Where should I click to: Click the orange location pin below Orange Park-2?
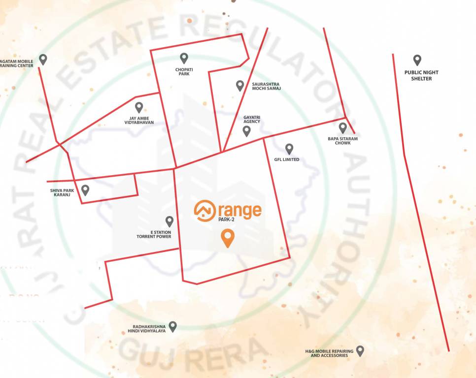(x=227, y=238)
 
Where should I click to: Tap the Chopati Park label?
(x=184, y=72)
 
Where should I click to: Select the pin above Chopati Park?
(x=184, y=58)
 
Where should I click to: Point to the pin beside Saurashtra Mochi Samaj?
(x=240, y=86)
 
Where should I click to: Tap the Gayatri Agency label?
(x=251, y=120)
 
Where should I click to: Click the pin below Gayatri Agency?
(x=246, y=131)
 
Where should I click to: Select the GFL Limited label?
(x=287, y=159)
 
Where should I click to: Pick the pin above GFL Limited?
(x=289, y=148)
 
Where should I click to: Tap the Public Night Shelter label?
(x=421, y=75)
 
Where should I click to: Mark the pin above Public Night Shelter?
(x=417, y=60)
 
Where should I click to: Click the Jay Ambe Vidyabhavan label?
(x=138, y=120)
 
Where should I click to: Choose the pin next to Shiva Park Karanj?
(x=85, y=190)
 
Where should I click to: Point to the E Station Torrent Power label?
(x=154, y=234)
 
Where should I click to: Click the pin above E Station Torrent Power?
(x=170, y=221)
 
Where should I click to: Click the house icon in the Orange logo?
(x=204, y=210)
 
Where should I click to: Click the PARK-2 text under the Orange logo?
(x=227, y=220)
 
